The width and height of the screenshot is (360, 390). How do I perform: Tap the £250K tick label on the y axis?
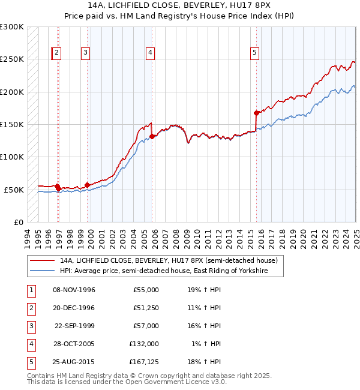point(12,59)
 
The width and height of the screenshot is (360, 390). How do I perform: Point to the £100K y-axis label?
point(12,157)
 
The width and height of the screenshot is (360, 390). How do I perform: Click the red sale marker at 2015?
point(256,113)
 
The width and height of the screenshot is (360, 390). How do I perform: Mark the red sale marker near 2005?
point(152,136)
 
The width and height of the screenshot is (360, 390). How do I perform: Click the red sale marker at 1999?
point(88,185)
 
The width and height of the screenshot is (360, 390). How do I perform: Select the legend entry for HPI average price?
point(163,271)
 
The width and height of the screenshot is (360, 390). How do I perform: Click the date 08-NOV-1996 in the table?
point(74,290)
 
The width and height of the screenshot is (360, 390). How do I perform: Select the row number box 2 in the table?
point(29,308)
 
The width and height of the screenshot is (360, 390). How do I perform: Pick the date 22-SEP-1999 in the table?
point(74,326)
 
